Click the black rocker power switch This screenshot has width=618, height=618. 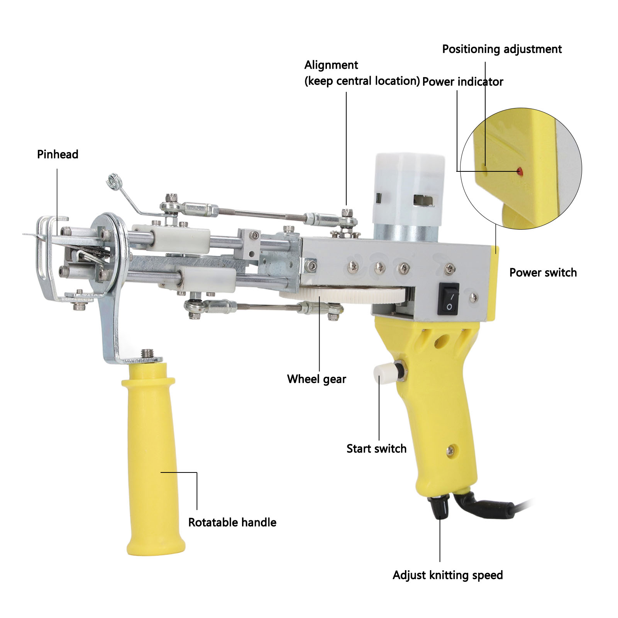[449, 299]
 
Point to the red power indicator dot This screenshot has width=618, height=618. [520, 170]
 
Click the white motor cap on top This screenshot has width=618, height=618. [408, 189]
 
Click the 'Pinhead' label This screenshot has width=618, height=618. [58, 154]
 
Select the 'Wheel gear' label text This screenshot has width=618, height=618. [317, 379]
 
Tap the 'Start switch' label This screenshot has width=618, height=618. [376, 449]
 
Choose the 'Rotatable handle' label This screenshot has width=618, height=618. [232, 522]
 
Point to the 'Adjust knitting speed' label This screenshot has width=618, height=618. [448, 575]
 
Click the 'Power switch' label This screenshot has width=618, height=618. [543, 273]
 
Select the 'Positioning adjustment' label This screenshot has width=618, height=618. [502, 49]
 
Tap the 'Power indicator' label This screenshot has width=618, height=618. [462, 81]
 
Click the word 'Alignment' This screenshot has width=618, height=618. [331, 65]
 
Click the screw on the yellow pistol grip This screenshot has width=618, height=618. [450, 450]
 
